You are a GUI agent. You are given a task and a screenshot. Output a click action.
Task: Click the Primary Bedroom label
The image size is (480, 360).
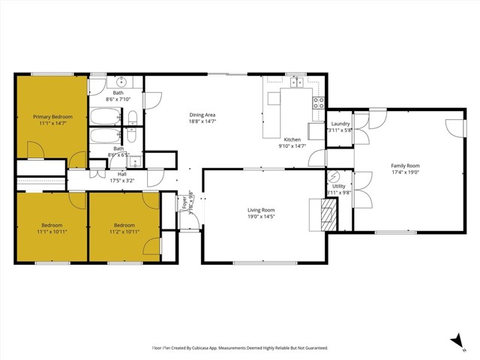pos(52,116)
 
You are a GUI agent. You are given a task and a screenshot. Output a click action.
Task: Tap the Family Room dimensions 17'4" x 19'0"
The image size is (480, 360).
pos(405,172)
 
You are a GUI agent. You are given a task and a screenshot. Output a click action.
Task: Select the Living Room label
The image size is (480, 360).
pos(262,210)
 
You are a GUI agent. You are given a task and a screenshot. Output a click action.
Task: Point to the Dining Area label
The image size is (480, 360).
pos(202,114)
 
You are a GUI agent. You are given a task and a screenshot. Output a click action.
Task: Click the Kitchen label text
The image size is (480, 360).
pos(292,139)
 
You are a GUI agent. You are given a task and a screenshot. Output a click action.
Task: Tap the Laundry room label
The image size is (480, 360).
pos(340,124)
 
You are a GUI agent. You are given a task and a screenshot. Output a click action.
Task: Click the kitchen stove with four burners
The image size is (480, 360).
pos(319,103)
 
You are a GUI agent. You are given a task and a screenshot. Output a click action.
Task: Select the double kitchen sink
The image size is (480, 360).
pos(297,82)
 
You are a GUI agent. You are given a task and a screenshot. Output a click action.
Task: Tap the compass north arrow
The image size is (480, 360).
pos(457,341)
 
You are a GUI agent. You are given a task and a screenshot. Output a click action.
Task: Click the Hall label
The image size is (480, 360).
pos(121,174)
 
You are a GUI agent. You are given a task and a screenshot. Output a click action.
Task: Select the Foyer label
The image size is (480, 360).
pos(184,199)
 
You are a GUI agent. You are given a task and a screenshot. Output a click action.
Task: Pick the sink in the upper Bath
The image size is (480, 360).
pos(121,82)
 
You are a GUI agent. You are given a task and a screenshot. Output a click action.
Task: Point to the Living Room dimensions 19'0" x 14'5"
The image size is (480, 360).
pos(262,217)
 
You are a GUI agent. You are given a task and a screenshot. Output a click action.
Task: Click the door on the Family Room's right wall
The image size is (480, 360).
pos(454,127)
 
